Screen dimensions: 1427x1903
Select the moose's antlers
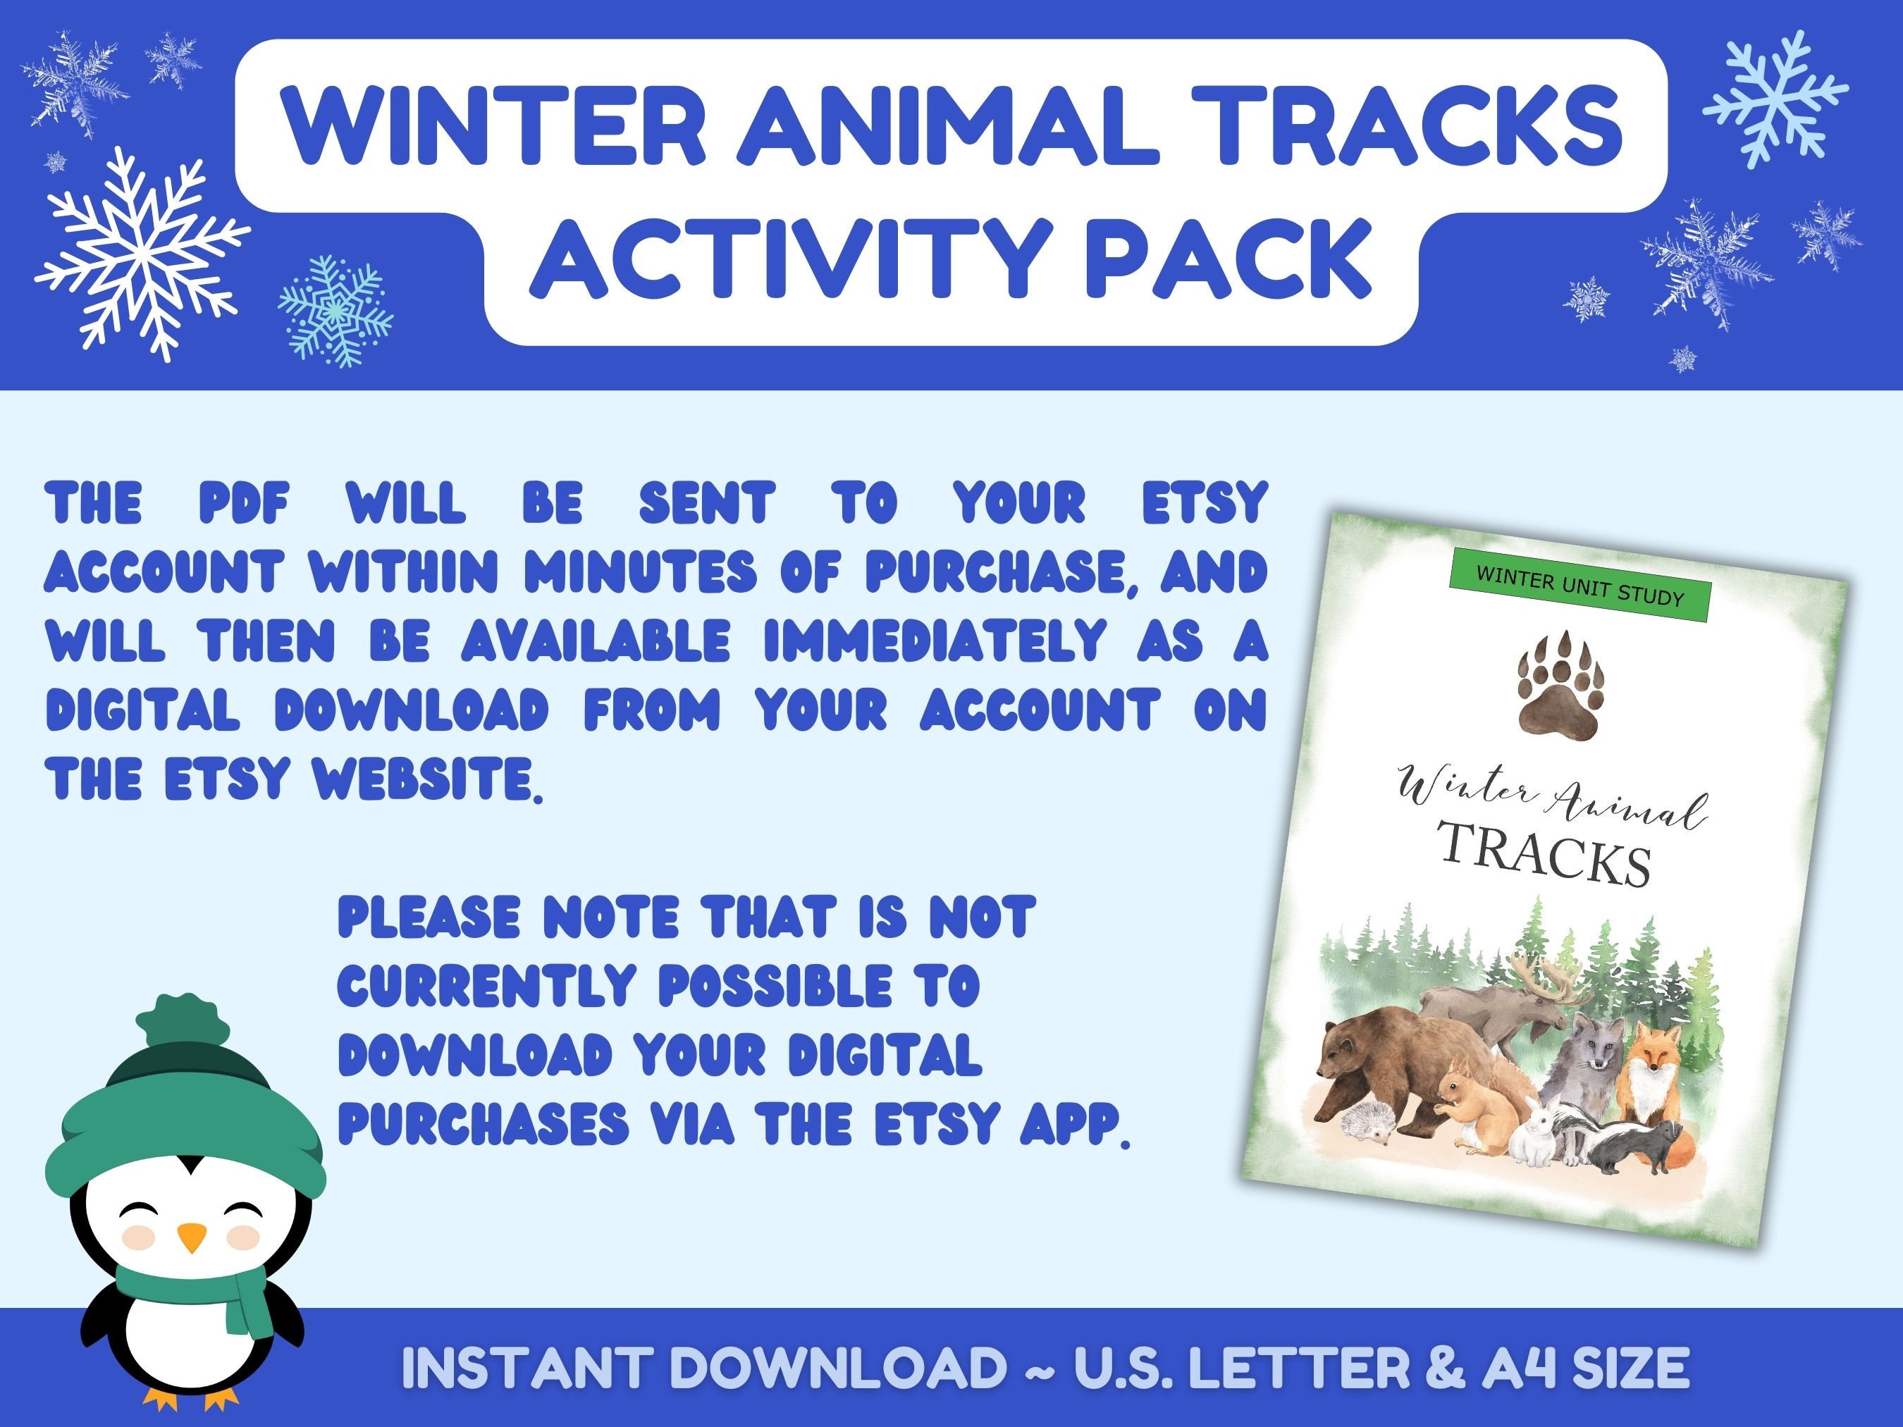coord(1548,981)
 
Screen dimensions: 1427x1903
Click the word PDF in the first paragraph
coord(243,504)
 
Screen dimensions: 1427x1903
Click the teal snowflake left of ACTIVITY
coord(335,311)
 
